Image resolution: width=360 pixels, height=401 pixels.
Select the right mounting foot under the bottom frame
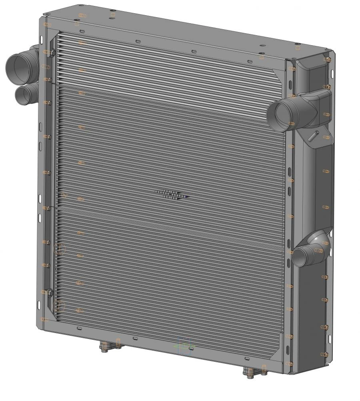point(251,373)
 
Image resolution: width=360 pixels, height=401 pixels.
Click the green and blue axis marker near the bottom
point(184,346)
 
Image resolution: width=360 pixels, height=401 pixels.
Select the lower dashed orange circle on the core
point(59,307)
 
